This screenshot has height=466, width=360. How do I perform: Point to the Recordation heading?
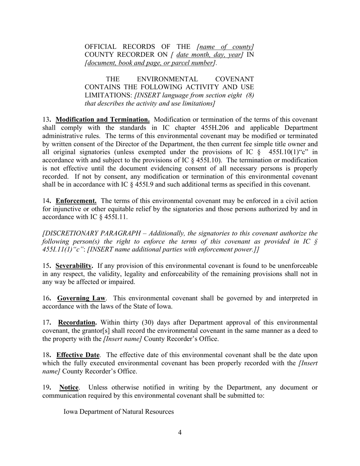click(x=77, y=323)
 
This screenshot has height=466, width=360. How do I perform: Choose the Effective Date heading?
click(x=78, y=355)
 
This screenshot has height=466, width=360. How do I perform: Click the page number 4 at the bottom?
click(x=180, y=433)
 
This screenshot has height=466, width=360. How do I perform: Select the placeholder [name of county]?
click(x=225, y=47)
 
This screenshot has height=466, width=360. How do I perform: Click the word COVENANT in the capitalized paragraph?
click(x=234, y=79)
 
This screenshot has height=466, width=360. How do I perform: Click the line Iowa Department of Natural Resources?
click(x=119, y=411)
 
